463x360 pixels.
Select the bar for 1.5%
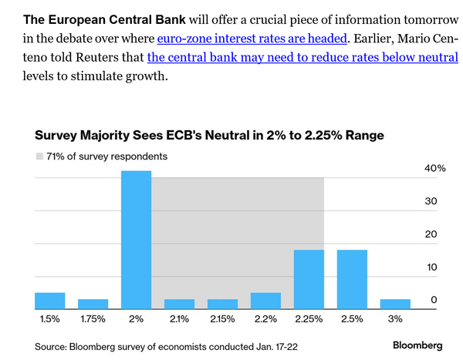(x=50, y=299)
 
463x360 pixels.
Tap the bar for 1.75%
(x=93, y=302)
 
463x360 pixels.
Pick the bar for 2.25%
(x=309, y=278)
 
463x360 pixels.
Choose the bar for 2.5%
(x=352, y=278)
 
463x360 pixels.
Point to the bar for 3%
(x=395, y=302)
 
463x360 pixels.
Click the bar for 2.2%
(x=265, y=299)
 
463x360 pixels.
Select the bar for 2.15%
(x=222, y=302)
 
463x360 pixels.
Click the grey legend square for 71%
(x=39, y=156)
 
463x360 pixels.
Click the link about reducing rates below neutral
(x=302, y=57)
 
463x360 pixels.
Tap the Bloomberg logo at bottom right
(x=417, y=345)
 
